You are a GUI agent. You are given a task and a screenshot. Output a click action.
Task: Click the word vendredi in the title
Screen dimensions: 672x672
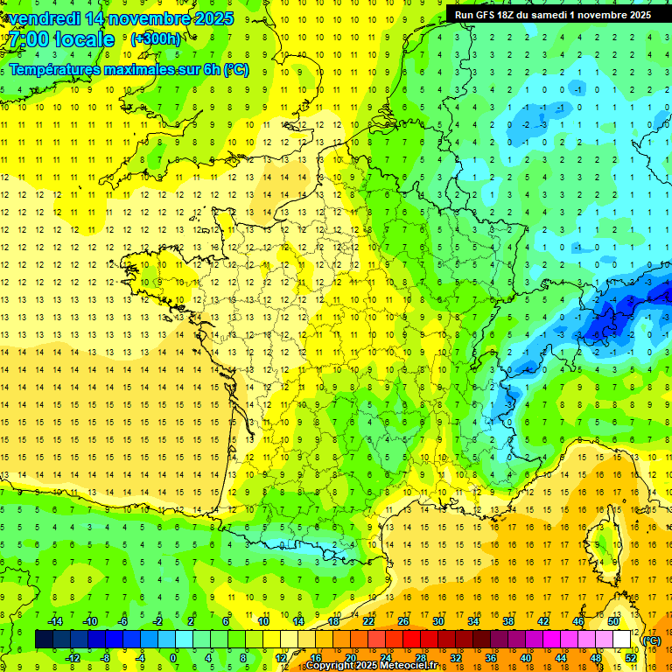click(x=44, y=18)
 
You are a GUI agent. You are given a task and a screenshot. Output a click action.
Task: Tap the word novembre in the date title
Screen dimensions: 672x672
click(x=145, y=18)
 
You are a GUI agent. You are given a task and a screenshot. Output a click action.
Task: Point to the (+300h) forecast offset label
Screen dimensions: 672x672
click(x=156, y=39)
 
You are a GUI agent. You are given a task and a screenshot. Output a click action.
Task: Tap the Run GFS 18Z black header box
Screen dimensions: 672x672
click(x=553, y=15)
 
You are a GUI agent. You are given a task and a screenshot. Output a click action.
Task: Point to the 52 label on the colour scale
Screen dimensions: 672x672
click(x=631, y=658)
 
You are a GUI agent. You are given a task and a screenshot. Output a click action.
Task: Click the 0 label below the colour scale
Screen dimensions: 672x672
click(x=173, y=658)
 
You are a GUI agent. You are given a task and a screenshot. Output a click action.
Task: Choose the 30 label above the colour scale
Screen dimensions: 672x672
click(x=437, y=621)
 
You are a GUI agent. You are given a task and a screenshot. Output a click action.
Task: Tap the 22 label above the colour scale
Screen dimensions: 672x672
click(x=367, y=621)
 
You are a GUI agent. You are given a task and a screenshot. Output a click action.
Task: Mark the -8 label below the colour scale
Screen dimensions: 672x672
click(x=105, y=658)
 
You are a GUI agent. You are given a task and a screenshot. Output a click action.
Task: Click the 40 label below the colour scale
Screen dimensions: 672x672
click(x=525, y=658)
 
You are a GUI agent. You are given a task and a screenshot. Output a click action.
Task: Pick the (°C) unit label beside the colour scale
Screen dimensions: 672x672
click(x=652, y=640)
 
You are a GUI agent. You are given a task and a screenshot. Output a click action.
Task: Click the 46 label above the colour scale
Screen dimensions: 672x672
click(x=577, y=621)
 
